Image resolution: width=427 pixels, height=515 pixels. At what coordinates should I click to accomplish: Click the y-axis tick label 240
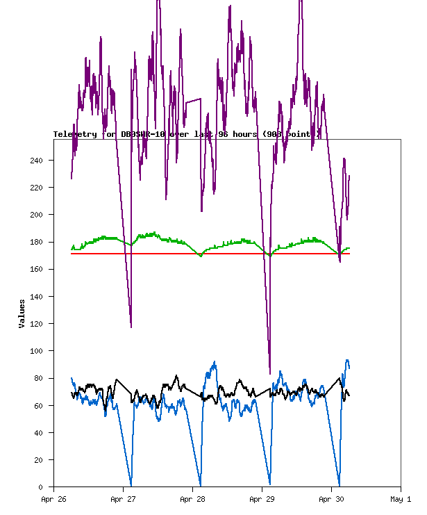coord(36,161)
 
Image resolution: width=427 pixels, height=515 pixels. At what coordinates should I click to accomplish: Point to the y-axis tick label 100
coord(36,351)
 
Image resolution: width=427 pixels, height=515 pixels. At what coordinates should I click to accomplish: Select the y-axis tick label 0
coord(41,487)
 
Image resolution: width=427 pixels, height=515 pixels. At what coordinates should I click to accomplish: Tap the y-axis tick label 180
coord(36,242)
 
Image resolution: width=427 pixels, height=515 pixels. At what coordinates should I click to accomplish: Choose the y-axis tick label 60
coord(38,405)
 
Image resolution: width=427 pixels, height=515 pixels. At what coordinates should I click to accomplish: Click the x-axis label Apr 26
coord(53,499)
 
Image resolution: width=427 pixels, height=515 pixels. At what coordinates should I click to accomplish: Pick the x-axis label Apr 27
coord(123,499)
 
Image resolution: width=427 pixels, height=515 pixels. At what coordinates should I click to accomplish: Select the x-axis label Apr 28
coord(192,499)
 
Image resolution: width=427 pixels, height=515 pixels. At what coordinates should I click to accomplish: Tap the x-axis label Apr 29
coord(262,499)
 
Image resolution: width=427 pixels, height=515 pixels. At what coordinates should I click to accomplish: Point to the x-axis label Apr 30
coord(331,499)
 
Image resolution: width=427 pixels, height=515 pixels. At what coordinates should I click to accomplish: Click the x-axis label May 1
coord(401,499)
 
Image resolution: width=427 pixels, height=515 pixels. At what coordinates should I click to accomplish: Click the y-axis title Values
coord(22,313)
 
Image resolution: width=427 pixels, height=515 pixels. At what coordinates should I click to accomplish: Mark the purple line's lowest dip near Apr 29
coord(270,373)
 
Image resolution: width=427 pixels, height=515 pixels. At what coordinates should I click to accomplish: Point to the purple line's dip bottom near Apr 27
coord(131,327)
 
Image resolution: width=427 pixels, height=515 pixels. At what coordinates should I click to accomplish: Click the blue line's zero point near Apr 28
coord(200,485)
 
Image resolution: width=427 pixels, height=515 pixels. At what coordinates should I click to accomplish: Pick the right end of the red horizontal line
coord(349,254)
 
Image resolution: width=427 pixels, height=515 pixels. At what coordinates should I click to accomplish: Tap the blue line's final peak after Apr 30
coord(347,360)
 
